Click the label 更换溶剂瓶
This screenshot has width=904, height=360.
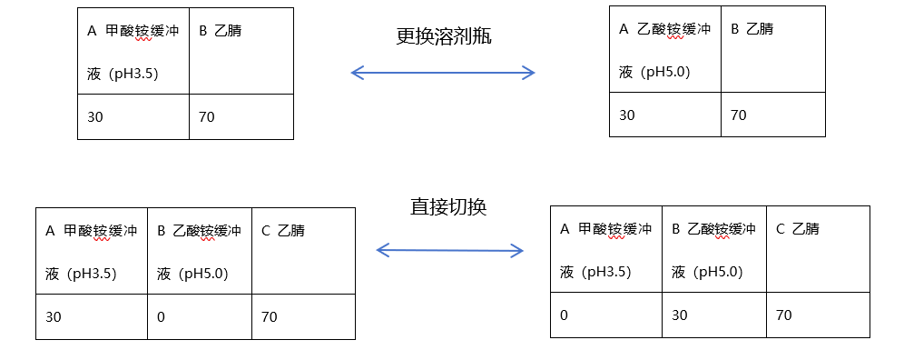coord(444,37)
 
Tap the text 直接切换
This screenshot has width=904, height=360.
coord(448,206)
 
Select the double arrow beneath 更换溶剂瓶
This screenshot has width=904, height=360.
coord(443,72)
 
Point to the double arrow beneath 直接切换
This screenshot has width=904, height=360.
coord(449,250)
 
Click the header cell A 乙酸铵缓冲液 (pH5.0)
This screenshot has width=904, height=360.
coord(664,49)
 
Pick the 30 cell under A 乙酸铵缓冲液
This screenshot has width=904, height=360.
coord(664,115)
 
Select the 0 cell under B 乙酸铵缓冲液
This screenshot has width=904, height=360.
coord(200,316)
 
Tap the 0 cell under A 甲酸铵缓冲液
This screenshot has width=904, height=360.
coord(606,315)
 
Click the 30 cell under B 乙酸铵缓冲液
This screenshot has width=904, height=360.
coord(713,315)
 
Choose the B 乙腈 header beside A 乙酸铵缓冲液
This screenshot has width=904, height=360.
coord(773,49)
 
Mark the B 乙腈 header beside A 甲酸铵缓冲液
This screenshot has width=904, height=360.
coord(241,51)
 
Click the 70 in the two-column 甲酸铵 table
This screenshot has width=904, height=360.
coord(241,116)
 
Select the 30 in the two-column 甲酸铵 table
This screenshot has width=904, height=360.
coord(133,116)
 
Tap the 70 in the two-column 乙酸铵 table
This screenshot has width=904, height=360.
coord(773,115)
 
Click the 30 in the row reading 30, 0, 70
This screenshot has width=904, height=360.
coord(91,316)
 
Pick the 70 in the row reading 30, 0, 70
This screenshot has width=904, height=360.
coord(303,316)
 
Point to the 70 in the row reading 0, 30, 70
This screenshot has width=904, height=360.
coord(818,315)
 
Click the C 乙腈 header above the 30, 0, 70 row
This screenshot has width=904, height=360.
coord(303,251)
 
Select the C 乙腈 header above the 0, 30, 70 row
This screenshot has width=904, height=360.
coord(818,249)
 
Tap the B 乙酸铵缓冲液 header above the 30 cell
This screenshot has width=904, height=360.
coord(713,249)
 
